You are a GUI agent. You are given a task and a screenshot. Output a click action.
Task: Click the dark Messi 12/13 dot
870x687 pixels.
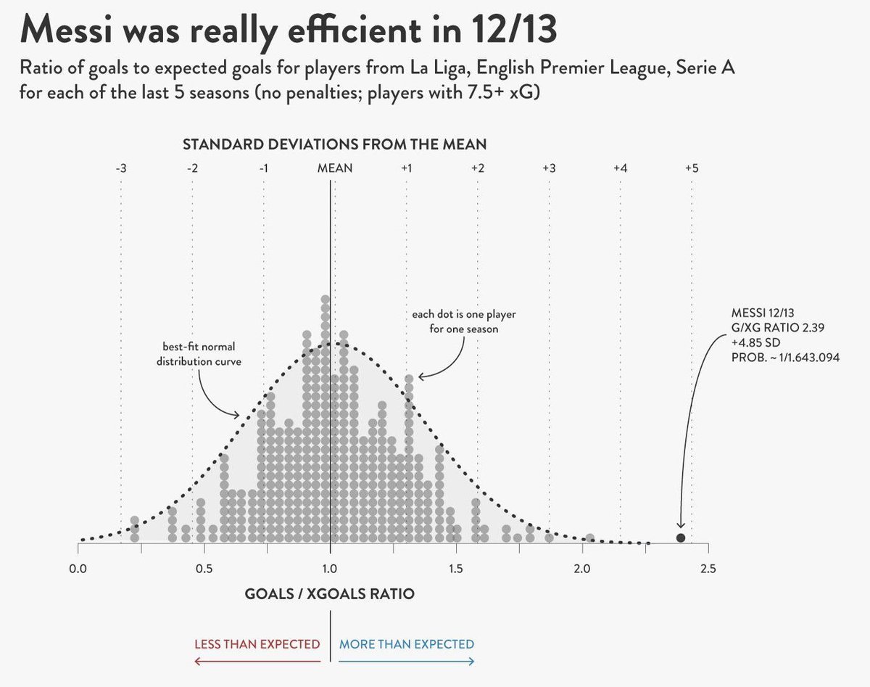(681, 538)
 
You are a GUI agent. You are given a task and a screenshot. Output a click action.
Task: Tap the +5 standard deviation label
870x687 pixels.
(691, 168)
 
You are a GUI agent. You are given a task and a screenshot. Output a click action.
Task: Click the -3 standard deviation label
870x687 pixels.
(121, 168)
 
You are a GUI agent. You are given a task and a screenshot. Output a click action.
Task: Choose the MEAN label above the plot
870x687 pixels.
(335, 168)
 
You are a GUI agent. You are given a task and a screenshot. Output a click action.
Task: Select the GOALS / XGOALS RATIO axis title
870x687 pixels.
(330, 594)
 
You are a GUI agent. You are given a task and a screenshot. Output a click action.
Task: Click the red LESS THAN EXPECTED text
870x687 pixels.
(257, 644)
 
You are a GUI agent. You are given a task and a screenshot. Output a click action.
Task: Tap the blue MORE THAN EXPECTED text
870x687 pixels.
(407, 644)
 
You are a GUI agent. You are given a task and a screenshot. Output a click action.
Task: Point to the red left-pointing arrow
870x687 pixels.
(257, 660)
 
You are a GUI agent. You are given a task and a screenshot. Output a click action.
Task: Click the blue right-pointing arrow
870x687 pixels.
(407, 660)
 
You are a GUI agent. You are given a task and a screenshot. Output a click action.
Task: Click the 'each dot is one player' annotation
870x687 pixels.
(464, 321)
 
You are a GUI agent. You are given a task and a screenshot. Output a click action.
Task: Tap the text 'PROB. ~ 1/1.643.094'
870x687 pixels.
(785, 357)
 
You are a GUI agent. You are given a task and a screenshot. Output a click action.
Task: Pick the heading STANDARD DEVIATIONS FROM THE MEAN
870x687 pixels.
(334, 145)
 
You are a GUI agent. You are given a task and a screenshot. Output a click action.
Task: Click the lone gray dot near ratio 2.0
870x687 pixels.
(589, 538)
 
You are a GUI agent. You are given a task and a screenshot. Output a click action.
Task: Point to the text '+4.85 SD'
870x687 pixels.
(755, 342)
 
